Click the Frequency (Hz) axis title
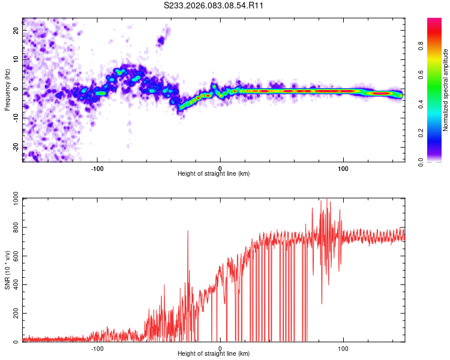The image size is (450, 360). (x=7, y=89)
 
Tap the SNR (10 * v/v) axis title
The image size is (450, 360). (x=7, y=270)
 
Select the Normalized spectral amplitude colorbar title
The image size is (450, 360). (x=446, y=90)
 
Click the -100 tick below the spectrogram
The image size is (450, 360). (x=97, y=167)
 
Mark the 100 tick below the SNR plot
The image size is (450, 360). (x=343, y=347)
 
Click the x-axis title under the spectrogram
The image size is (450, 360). (x=214, y=174)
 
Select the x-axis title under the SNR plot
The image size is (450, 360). (x=214, y=354)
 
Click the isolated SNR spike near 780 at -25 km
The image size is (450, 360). (x=188, y=231)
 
